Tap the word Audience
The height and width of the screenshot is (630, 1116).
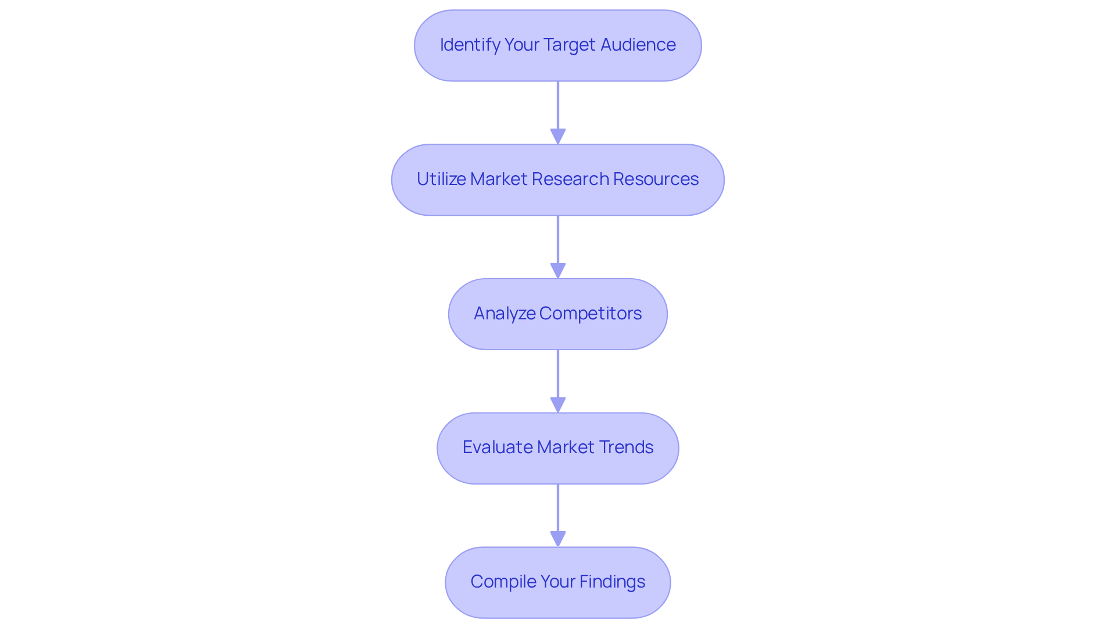(x=638, y=45)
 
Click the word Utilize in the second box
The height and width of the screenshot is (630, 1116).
(x=441, y=179)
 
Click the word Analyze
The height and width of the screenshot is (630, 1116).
(x=505, y=314)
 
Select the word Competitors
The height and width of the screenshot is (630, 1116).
(x=590, y=314)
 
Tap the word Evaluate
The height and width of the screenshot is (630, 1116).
(x=498, y=447)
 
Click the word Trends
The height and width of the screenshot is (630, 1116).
(x=626, y=447)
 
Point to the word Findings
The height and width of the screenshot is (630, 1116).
(x=612, y=582)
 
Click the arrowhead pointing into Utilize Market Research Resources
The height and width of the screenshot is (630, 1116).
(x=558, y=136)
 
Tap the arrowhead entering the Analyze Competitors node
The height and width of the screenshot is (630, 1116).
(x=558, y=270)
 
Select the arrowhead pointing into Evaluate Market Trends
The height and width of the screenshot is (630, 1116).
(x=558, y=405)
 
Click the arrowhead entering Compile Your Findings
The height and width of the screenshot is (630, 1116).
(x=558, y=539)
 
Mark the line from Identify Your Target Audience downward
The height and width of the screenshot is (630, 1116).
(x=558, y=105)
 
